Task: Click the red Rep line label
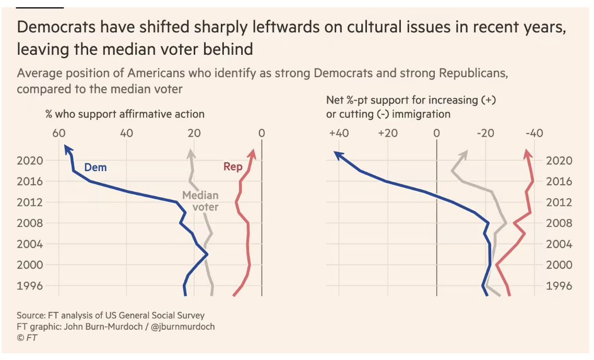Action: pyautogui.click(x=233, y=167)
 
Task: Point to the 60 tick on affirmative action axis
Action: pyautogui.click(x=59, y=133)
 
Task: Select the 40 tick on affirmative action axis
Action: pyautogui.click(x=126, y=133)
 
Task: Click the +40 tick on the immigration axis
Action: pyautogui.click(x=339, y=133)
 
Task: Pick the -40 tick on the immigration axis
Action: pyautogui.click(x=534, y=133)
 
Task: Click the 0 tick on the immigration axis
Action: pyautogui.click(x=436, y=133)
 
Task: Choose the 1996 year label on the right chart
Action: pyautogui.click(x=559, y=286)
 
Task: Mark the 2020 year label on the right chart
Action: pyautogui.click(x=559, y=161)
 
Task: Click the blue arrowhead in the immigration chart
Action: pyautogui.click(x=338, y=154)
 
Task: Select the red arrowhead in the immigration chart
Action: pyautogui.click(x=528, y=154)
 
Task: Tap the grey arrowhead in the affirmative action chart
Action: pyautogui.click(x=191, y=153)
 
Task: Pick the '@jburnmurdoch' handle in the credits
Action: pyautogui.click(x=182, y=327)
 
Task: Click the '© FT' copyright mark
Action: pyautogui.click(x=27, y=338)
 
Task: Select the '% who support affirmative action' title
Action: pyautogui.click(x=125, y=114)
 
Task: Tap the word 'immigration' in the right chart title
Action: pyautogui.click(x=422, y=114)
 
